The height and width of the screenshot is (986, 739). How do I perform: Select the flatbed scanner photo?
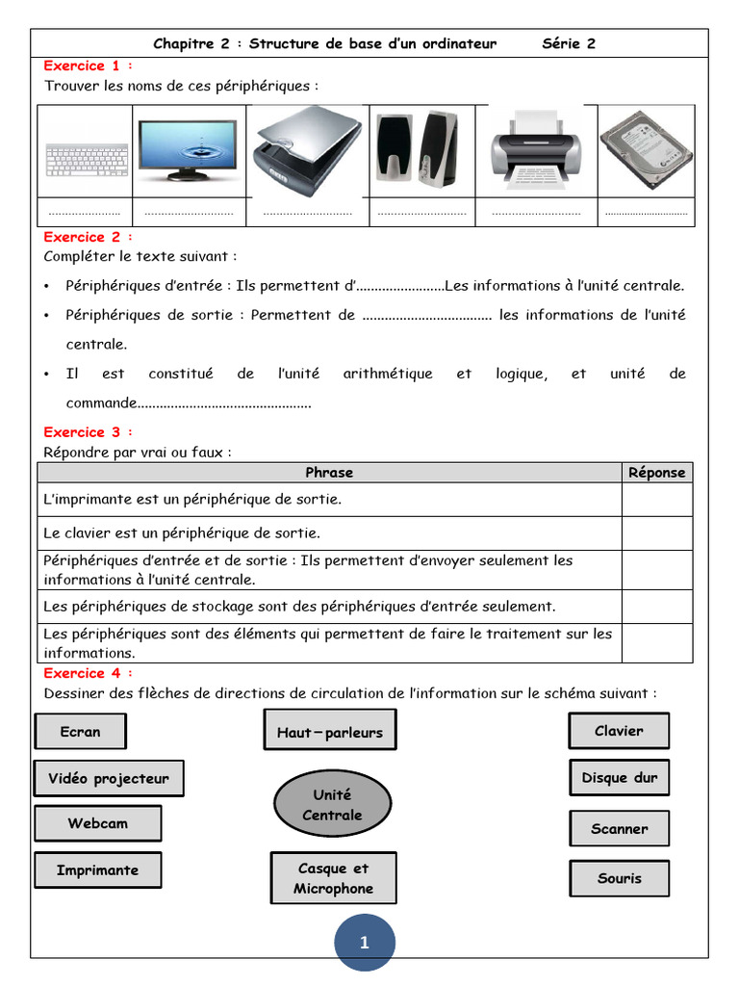pos(306,147)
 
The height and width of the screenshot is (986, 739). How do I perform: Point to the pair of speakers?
pos(418,149)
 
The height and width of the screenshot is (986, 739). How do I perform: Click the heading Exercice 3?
pos(88,432)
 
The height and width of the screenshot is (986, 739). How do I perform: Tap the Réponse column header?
pos(656,473)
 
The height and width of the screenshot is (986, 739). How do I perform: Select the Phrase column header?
pos(329,473)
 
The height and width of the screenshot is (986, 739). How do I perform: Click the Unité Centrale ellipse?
pos(332,805)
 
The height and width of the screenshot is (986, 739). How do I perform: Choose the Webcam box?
pos(97,823)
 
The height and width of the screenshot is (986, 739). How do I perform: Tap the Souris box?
pos(619,878)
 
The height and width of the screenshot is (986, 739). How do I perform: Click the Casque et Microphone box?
pos(333,878)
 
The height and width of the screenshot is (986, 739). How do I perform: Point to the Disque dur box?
pos(619,778)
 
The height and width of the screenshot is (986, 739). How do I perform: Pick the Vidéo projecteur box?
pos(109,779)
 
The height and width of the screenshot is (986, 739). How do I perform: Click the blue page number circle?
pos(365,943)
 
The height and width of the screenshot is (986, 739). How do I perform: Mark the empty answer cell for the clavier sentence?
pos(656,533)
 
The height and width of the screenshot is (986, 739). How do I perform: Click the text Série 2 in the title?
pos(569,43)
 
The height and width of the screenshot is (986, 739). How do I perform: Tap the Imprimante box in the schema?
pos(97,870)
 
